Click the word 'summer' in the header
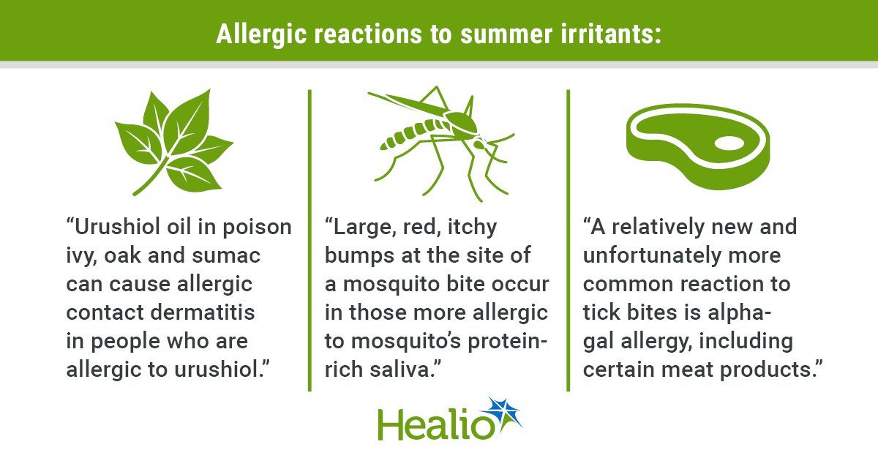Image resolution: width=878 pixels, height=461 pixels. coord(506,34)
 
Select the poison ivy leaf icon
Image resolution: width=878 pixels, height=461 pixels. coord(174,142)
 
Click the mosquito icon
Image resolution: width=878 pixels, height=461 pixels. coord(441,143)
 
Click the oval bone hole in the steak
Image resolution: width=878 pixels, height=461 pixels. coord(729,143)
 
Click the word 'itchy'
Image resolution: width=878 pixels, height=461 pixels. coord(472,228)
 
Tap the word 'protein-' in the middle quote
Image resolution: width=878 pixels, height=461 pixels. coord(508,342)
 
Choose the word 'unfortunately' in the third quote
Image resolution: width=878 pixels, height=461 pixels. coord(652,256)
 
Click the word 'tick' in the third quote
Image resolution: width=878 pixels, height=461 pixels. coord(601,312)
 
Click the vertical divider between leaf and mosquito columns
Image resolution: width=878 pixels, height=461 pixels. coord(309,240)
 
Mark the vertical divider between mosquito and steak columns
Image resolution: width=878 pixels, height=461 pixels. coord(569,240)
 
